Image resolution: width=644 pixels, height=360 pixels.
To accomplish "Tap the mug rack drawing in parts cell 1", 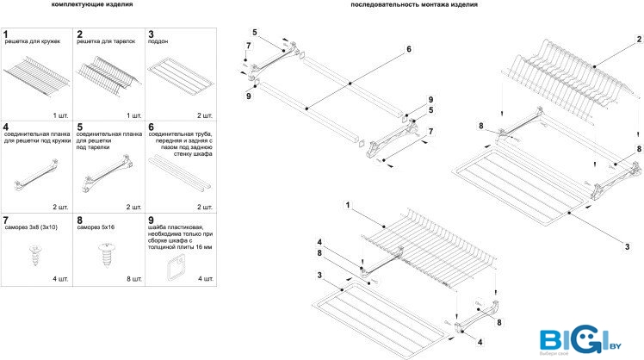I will click(x=37, y=72).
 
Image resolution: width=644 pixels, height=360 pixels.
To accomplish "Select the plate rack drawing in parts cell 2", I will click(x=108, y=71).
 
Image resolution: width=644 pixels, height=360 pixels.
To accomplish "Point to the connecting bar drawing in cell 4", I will click(x=35, y=178).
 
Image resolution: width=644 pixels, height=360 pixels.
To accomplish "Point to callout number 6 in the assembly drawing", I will click(x=409, y=49).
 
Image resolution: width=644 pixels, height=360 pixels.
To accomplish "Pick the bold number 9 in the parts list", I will click(x=152, y=220).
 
